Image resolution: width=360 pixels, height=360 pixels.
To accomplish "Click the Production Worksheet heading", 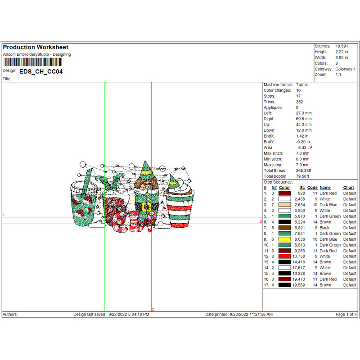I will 36,47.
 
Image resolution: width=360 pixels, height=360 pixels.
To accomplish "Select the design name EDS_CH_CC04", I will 41,71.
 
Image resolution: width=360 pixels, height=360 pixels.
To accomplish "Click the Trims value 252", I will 300,102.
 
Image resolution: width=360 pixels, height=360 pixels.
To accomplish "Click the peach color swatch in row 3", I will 284,205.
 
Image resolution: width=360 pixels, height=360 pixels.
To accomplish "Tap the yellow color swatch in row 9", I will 284,239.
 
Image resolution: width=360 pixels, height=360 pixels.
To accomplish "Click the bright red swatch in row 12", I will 284,256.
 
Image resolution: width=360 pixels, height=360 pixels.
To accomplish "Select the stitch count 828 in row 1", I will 301,193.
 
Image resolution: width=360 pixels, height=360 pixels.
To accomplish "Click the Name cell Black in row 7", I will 325,228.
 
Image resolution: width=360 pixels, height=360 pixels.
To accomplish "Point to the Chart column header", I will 348,188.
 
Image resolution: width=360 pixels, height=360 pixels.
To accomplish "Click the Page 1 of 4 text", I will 346,314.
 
